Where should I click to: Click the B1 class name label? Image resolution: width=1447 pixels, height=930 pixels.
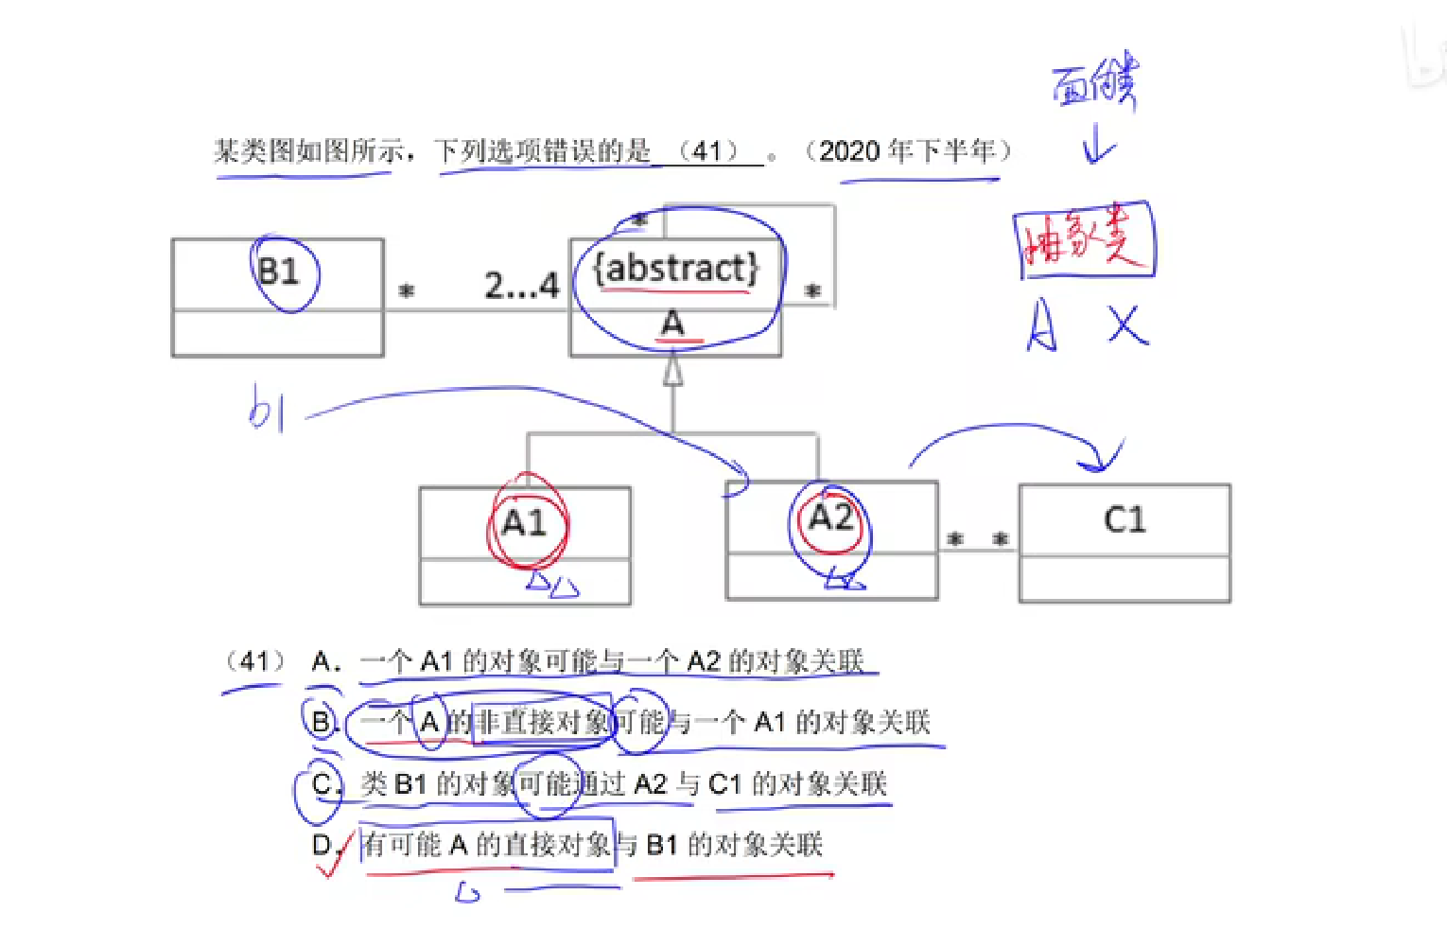point(278,272)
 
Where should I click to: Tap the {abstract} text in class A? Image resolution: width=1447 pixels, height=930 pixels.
point(675,269)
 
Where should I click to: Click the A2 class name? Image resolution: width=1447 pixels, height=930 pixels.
point(830,518)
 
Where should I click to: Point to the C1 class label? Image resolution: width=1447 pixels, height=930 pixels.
point(1124,519)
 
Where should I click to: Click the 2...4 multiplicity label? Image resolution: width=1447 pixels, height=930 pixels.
point(521,285)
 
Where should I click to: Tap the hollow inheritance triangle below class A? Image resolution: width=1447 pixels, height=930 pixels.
point(672,371)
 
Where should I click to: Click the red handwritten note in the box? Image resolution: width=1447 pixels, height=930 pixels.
point(1084,239)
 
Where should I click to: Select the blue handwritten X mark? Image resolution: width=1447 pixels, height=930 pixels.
point(1127,325)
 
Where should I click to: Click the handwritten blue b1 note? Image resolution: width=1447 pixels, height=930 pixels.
point(266,409)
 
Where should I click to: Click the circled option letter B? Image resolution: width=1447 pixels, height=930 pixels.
point(322,723)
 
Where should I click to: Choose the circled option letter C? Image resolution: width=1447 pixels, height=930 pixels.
point(322,784)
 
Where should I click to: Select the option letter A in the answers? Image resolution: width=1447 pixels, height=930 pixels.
point(324,661)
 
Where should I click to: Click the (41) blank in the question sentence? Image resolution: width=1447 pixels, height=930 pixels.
point(708,151)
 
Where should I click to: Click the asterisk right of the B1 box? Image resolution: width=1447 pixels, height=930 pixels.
point(406,291)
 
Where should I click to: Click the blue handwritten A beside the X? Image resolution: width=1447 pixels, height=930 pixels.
point(1041,325)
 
